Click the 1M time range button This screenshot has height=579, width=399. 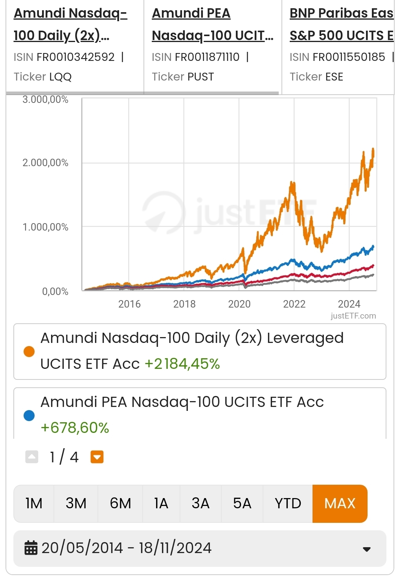pos(34,503)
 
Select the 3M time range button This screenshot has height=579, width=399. pos(76,503)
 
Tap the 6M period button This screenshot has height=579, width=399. pos(120,503)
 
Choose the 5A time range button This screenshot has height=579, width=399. pos(242,503)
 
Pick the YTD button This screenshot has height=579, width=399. pos(288,503)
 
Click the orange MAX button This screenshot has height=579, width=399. pos(340,503)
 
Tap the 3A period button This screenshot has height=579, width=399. pos(200,503)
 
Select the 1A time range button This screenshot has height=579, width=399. pos(161,503)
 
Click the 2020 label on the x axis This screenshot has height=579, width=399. pos(239,304)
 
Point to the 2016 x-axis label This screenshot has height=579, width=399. pos(129,304)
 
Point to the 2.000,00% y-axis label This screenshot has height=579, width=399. pos(45,163)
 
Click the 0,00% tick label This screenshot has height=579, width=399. pos(55,291)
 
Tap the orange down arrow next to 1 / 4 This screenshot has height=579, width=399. pos(97,457)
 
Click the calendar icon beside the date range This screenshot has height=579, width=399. pos(31,548)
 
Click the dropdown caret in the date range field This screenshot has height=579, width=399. pos(366,549)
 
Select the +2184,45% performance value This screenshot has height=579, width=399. pos(182,364)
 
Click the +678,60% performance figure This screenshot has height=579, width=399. pos(75,427)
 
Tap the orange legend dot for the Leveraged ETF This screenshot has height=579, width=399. pos(29,351)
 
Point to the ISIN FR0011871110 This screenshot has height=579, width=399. pos(207,57)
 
